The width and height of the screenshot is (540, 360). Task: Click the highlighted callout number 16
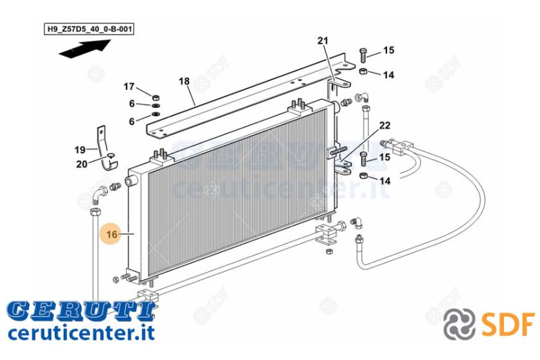coord(112,234)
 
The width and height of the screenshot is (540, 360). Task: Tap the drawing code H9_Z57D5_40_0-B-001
coord(89,29)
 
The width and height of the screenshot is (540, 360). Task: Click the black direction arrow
coord(84,48)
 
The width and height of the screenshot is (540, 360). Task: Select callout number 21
coord(323,41)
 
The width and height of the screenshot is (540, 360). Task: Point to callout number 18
coord(184,81)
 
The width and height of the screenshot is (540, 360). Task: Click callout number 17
coord(129,86)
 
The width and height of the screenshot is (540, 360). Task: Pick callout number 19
coord(80,150)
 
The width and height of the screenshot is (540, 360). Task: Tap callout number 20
coord(82,164)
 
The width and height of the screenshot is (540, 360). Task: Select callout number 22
coord(385,125)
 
